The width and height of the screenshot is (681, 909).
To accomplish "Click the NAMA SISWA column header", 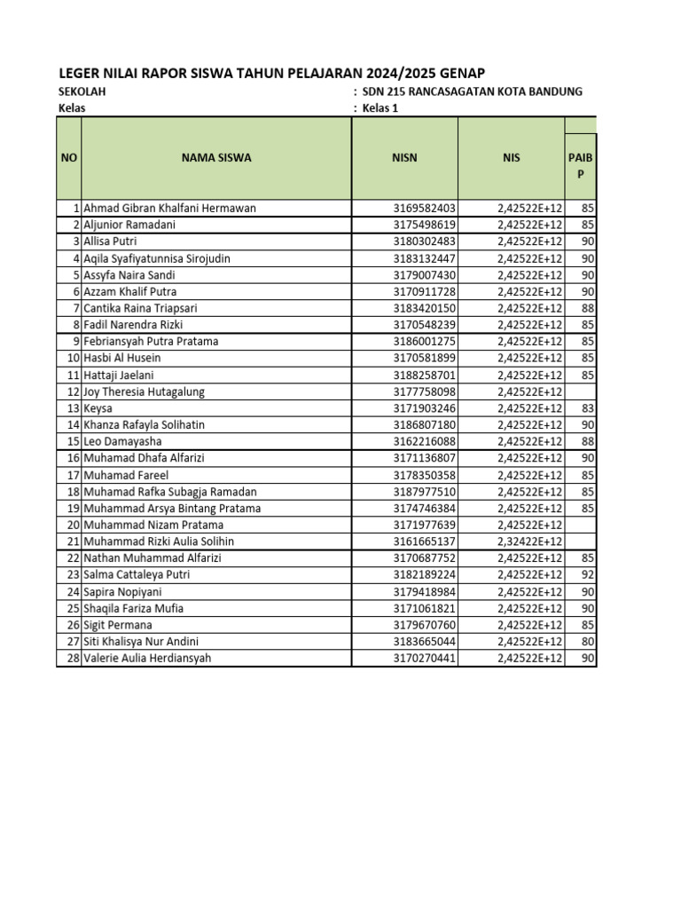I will pos(216,158).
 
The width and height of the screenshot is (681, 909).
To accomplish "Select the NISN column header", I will pos(404,158).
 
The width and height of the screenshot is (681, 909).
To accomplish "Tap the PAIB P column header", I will pos(581,166).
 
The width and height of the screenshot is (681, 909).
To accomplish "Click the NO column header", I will pos(69,158).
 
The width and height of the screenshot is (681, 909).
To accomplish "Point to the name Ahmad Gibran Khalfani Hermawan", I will pos(169,209).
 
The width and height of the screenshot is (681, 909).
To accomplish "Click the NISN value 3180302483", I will pos(425,241).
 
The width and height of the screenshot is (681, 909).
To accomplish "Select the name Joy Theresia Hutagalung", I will pos(144,391).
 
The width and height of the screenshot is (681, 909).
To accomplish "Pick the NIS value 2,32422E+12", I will pos(529,541).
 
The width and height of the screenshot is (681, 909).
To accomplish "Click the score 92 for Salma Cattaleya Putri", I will pos(588,574).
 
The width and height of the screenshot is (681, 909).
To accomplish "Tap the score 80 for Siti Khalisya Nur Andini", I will pos(588,642).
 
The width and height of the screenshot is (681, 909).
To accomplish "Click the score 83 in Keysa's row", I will pos(588,408).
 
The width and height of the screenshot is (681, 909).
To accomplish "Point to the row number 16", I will pos(74,458).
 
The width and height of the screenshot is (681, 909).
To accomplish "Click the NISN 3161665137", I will pos(425,541).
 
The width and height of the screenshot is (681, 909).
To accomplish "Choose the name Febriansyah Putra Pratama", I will pos(151,342).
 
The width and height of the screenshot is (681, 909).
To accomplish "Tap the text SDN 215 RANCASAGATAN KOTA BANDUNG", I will pos(473,92).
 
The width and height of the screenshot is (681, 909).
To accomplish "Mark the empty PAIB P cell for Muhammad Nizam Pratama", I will pos(581,525).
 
